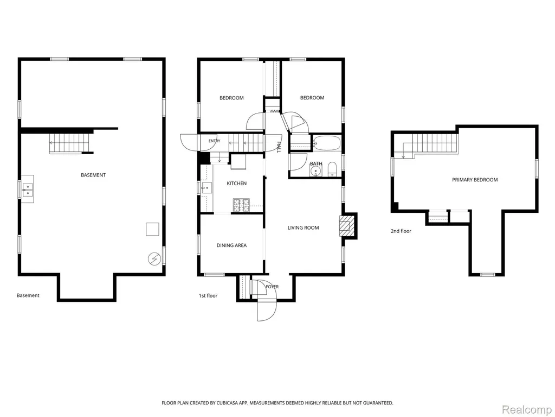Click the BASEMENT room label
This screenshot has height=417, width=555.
(x=93, y=175)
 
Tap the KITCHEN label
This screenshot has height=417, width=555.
(x=236, y=184)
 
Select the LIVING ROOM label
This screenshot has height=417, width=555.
(x=303, y=228)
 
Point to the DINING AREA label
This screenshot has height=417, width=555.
(x=231, y=245)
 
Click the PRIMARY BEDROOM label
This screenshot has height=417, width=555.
(x=475, y=180)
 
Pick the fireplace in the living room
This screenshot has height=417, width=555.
(x=346, y=225)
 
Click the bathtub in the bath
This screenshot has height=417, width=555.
(x=327, y=143)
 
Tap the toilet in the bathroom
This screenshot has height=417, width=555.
(x=332, y=169)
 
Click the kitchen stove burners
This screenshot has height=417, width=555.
(x=241, y=203)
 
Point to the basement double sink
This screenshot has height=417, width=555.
(x=28, y=189)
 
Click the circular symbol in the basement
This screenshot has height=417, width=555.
(x=154, y=259)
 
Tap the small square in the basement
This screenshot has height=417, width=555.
(x=152, y=229)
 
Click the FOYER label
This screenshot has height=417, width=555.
(x=272, y=287)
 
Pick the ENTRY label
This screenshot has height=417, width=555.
(x=214, y=141)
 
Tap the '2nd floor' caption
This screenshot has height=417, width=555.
(x=401, y=231)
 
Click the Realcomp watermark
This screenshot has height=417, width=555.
(x=526, y=410)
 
